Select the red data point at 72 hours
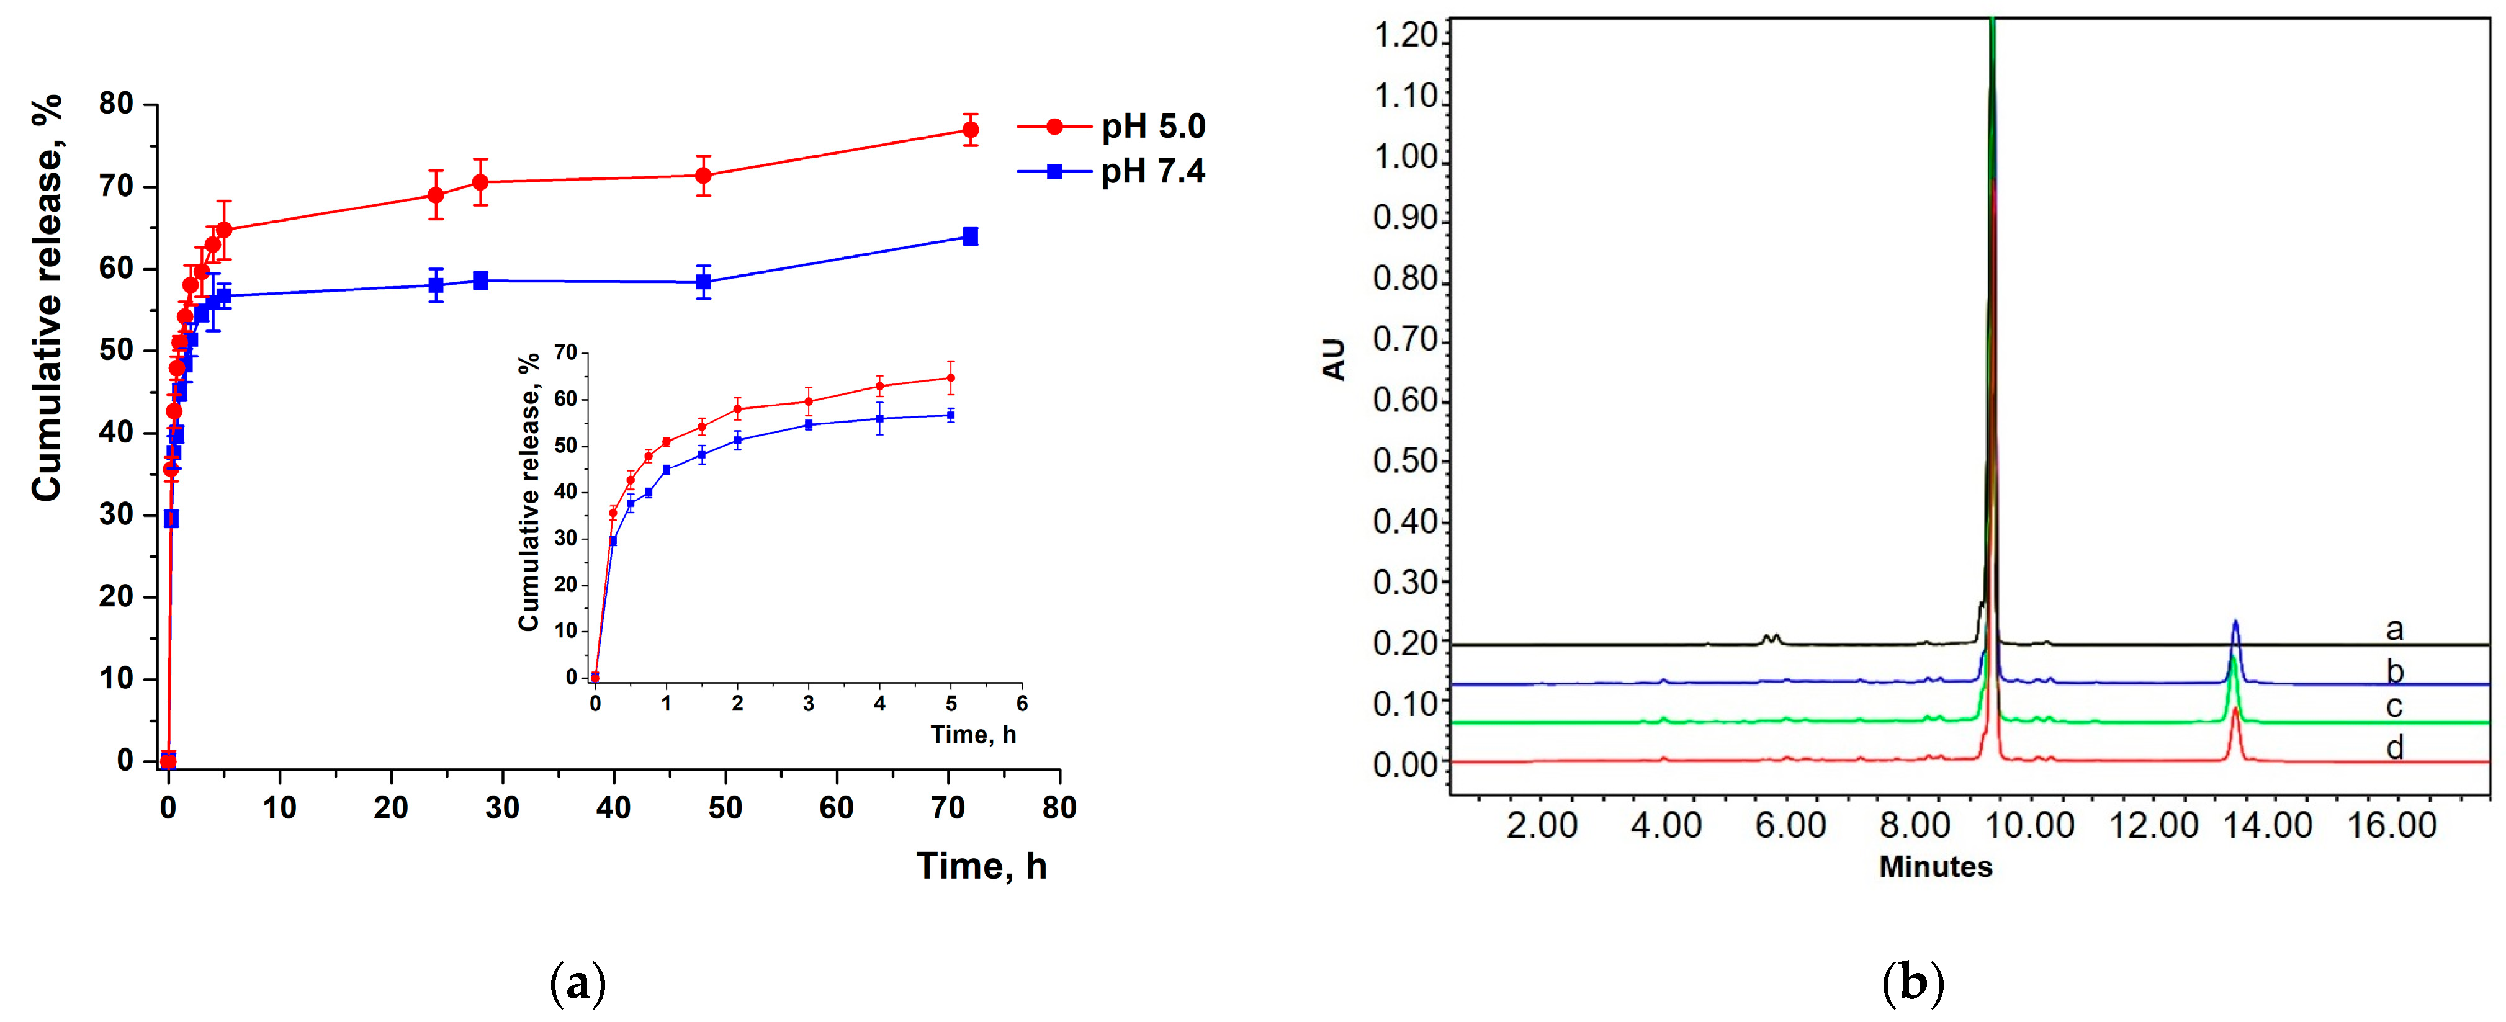pos(970,130)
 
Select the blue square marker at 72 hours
pos(970,236)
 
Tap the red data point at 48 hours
pos(703,176)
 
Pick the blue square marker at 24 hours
pos(436,285)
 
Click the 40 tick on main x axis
pos(614,807)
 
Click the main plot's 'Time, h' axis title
pos(981,866)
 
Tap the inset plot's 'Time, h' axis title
pos(973,734)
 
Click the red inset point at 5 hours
pos(950,379)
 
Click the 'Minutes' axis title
pos(1935,866)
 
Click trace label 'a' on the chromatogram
pos(2394,630)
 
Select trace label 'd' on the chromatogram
pos(2394,747)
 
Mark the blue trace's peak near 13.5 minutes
pos(2235,623)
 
